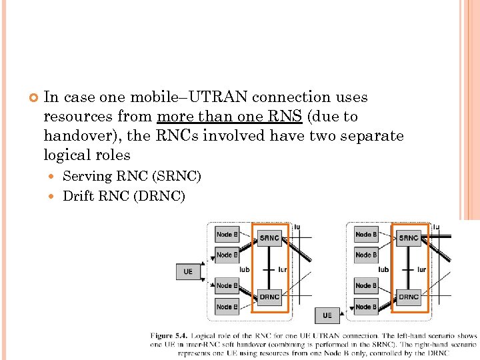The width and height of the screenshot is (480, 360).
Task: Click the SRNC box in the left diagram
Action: [x=269, y=238]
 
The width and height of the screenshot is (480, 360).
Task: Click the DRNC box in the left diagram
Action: [x=269, y=297]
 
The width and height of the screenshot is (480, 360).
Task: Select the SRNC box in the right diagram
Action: [x=408, y=238]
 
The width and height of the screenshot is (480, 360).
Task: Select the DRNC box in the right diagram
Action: [x=408, y=297]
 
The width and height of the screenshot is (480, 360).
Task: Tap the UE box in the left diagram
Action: [x=188, y=271]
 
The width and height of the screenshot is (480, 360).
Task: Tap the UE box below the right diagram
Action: [x=327, y=315]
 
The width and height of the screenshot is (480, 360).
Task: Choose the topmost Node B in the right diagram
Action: [x=365, y=234]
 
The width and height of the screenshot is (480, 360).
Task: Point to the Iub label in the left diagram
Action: [x=244, y=269]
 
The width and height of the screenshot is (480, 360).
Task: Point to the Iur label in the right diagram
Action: [x=421, y=269]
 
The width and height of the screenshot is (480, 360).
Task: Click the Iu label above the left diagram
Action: [x=297, y=227]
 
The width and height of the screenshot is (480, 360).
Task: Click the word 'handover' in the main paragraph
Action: [x=71, y=136]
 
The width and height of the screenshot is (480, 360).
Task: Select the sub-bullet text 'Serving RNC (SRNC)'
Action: [x=131, y=177]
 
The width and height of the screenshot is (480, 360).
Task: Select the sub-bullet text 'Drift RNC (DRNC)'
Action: [x=123, y=196]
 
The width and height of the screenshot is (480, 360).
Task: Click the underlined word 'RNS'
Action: [x=287, y=117]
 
